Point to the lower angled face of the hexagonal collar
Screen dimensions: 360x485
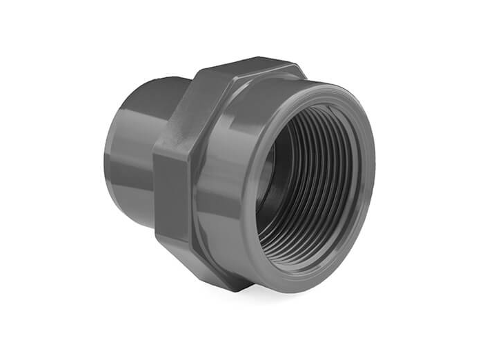pos(207,266)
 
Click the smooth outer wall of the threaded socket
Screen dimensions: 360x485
pos(221,172)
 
